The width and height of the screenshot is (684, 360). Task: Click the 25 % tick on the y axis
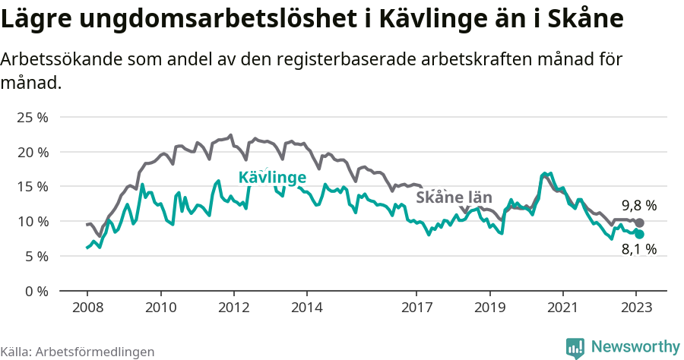(x=33, y=117)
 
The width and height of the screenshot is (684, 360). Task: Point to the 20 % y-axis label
(x=33, y=152)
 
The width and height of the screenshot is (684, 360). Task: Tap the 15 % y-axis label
(x=33, y=187)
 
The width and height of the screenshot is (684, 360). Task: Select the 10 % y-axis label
(x=33, y=222)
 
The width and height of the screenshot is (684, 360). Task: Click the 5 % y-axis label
(x=36, y=256)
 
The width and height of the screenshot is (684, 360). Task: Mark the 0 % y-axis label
(x=36, y=291)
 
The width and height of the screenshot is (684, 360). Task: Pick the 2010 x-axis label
(x=160, y=309)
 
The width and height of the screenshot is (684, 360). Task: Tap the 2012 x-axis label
(x=233, y=309)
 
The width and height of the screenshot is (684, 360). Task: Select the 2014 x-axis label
(x=306, y=309)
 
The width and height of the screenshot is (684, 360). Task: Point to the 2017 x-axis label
(x=416, y=309)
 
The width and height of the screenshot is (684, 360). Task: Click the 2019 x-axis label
(x=489, y=309)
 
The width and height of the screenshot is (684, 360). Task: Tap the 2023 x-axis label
(x=636, y=309)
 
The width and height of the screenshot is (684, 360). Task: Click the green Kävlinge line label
(x=272, y=178)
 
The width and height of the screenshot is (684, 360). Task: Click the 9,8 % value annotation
(x=638, y=206)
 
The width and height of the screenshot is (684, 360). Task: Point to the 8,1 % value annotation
(x=638, y=248)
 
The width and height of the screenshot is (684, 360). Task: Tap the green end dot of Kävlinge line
(x=639, y=234)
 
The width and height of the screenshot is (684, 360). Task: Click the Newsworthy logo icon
(x=575, y=347)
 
